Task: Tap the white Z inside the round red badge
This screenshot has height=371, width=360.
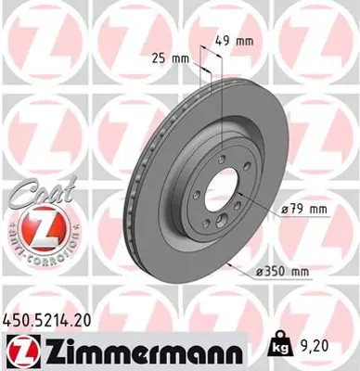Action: tap(32, 227)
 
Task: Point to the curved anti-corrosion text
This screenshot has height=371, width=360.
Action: tap(32, 254)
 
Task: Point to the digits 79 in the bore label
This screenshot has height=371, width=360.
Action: tap(292, 210)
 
